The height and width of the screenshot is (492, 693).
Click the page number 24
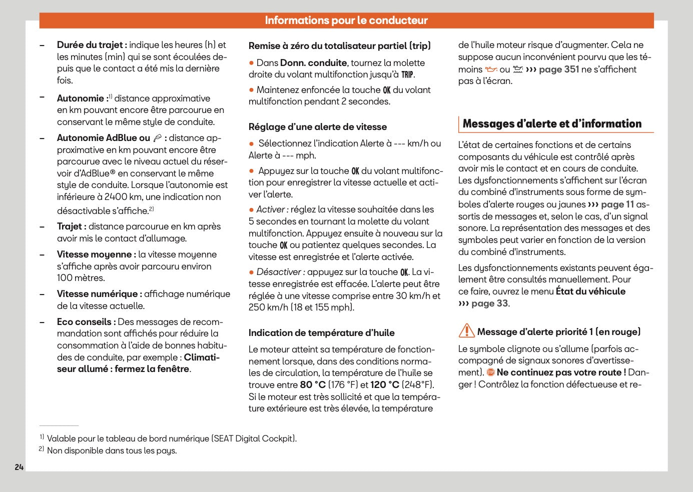click(19, 467)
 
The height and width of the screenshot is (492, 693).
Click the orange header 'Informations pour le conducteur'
click(346, 20)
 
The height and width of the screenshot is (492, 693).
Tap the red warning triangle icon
click(466, 331)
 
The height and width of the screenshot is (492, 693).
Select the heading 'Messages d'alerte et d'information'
click(552, 124)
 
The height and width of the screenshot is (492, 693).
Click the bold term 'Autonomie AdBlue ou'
click(104, 138)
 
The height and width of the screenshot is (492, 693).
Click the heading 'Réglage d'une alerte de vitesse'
click(318, 127)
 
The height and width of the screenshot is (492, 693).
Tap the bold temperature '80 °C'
click(313, 385)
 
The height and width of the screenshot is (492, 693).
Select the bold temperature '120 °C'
click(385, 385)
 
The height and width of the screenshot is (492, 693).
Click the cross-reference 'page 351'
click(559, 69)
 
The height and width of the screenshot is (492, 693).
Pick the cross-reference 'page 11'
click(617, 204)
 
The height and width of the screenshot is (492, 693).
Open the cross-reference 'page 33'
click(489, 303)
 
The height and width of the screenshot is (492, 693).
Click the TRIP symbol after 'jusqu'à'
click(407, 75)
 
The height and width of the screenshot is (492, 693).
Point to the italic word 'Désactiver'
click(279, 272)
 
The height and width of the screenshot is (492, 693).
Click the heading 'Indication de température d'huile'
click(322, 333)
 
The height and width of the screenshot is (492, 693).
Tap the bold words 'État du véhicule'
click(590, 291)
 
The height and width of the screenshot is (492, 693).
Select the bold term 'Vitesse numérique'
click(97, 294)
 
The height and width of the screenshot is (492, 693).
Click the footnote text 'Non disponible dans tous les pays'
click(112, 450)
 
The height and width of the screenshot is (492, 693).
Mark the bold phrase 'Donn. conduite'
click(313, 63)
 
